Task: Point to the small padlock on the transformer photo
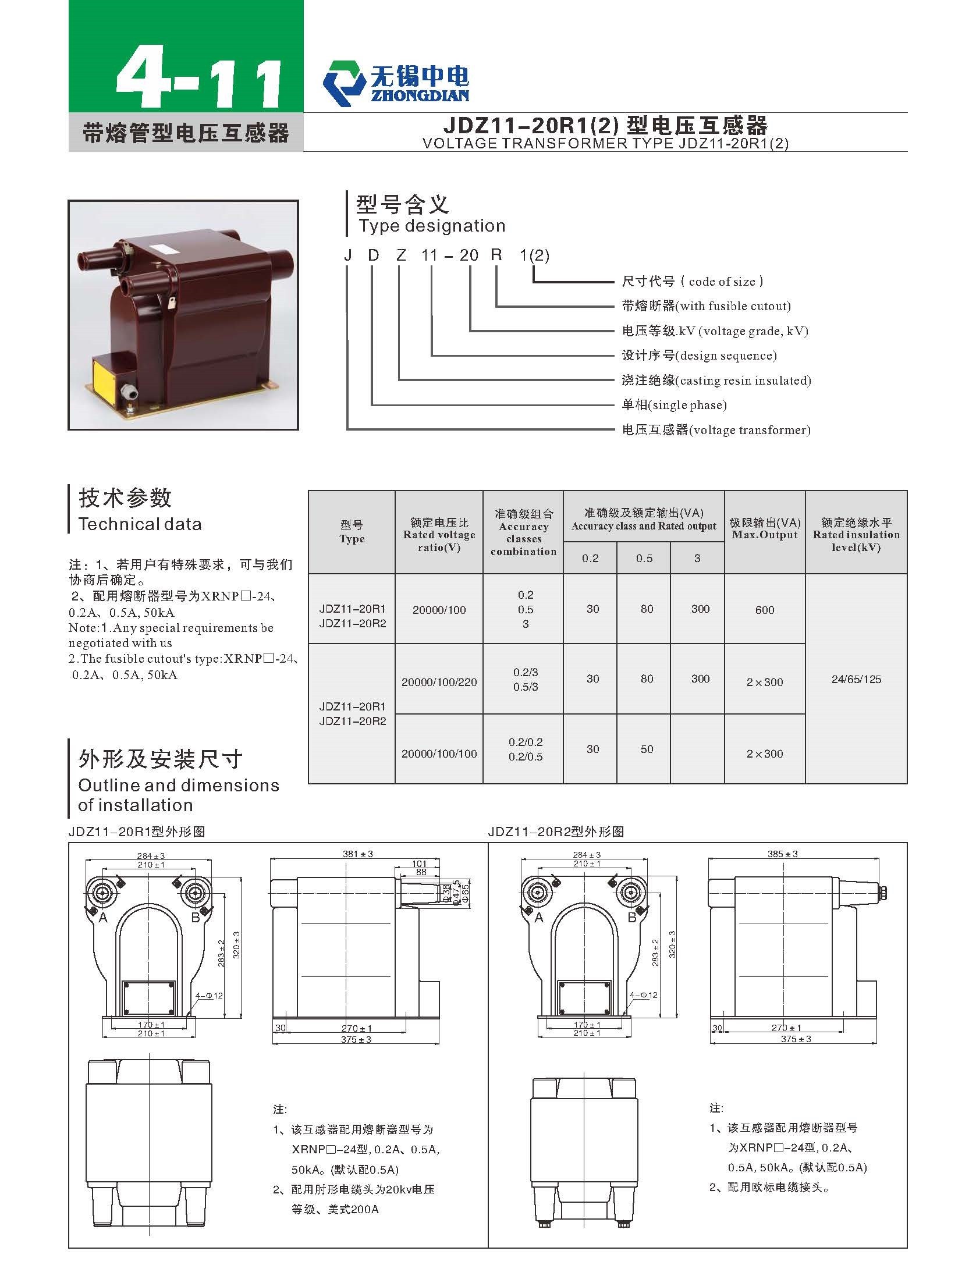(172, 303)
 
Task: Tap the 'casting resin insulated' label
(743, 381)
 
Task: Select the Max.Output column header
(765, 528)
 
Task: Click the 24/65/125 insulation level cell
(856, 679)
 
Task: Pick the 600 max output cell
(765, 610)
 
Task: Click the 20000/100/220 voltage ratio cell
(439, 682)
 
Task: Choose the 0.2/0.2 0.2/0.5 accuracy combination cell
(525, 749)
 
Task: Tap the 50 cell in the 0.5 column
(647, 749)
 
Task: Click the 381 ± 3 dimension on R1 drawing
(358, 854)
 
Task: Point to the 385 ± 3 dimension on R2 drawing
(783, 854)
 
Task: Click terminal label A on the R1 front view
(103, 918)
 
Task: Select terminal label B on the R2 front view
(632, 918)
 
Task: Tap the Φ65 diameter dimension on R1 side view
(465, 893)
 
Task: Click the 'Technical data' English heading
(140, 524)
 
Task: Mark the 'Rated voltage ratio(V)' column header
(439, 535)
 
